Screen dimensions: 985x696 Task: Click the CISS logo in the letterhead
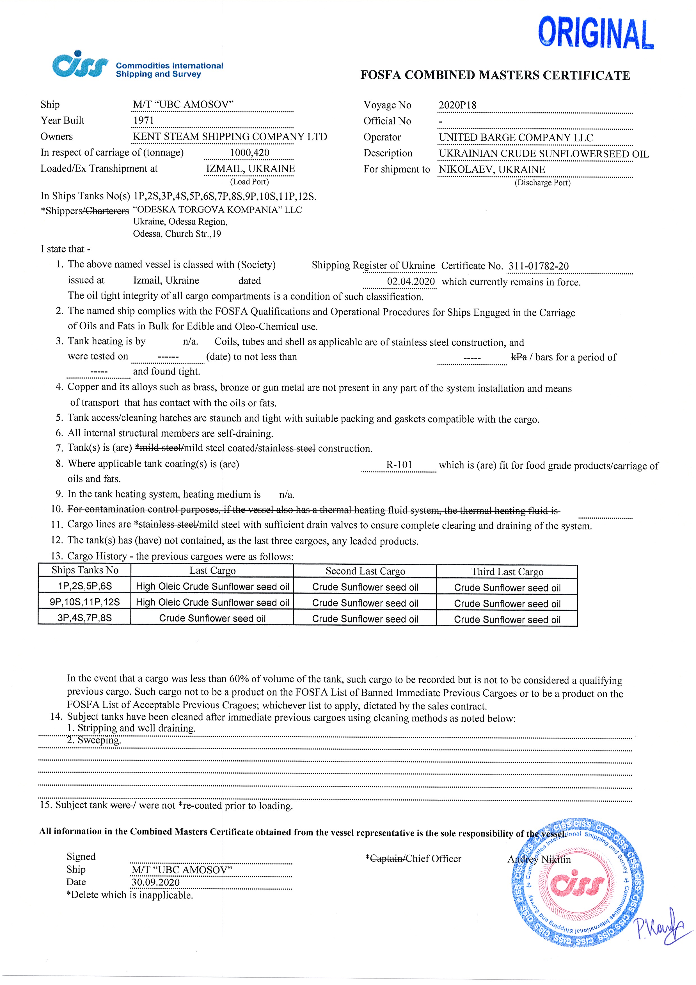[x=79, y=66]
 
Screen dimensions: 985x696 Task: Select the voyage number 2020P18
[x=457, y=105]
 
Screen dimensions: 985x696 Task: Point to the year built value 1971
[x=143, y=120]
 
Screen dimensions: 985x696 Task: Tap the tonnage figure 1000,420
[x=249, y=153]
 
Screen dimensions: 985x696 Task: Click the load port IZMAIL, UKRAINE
[x=250, y=168]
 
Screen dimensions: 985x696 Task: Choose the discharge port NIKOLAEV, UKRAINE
[x=491, y=170]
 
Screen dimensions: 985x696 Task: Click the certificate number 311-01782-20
[x=538, y=266]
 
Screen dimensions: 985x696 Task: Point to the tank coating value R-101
[x=399, y=465]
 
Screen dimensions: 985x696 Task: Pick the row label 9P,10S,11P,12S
[x=84, y=602]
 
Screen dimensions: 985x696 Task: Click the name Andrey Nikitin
[x=539, y=859]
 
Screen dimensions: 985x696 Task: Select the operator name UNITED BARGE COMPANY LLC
[x=516, y=138]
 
